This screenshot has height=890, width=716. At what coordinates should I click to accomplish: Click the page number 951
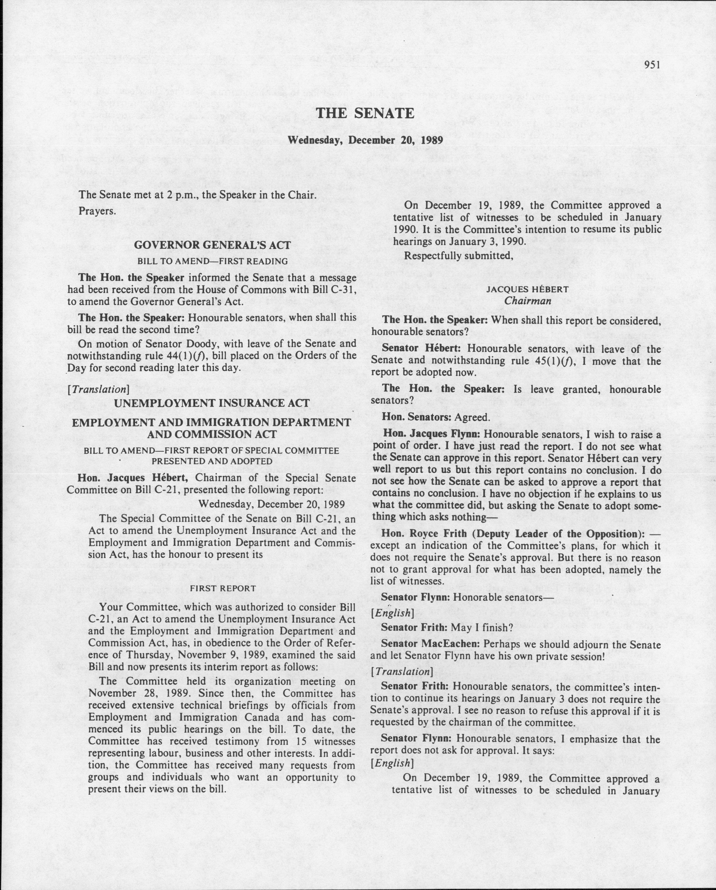pos(652,65)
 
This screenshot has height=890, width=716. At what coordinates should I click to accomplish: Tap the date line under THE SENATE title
pos(365,140)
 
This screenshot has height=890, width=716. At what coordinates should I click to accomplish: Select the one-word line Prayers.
pos(97,211)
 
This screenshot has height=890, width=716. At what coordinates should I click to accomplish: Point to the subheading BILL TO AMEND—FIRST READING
pos(212,261)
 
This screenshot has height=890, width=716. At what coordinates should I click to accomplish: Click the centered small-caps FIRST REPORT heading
pos(222,588)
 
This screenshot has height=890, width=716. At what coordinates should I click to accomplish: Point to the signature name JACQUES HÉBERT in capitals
pos(527,289)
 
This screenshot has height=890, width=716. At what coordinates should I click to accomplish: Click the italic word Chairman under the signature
pos(527,301)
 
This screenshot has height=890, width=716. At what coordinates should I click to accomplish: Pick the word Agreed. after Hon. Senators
pos(472,417)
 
